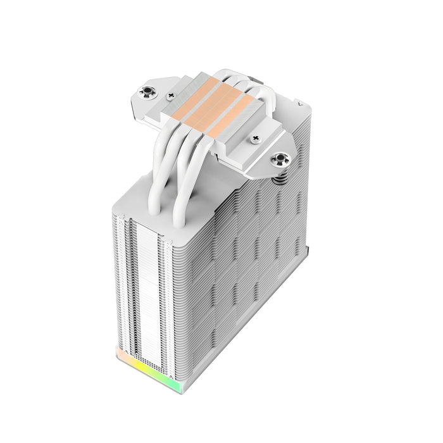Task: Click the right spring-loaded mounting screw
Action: [x=278, y=159]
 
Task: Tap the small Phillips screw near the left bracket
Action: [x=170, y=96]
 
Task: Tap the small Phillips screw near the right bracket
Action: [x=256, y=137]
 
